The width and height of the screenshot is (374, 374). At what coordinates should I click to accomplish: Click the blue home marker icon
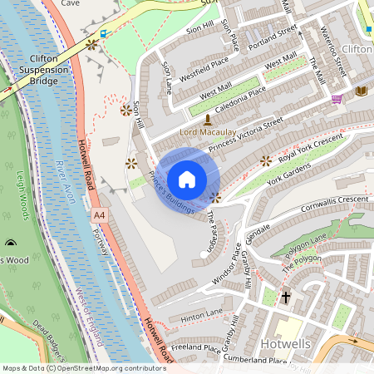click(187, 180)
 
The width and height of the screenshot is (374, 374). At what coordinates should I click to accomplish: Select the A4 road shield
click(100, 215)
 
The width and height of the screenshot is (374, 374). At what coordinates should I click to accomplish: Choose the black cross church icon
click(286, 297)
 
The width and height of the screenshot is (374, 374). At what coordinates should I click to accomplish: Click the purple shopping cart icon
click(337, 99)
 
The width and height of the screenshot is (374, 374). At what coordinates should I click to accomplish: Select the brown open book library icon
click(360, 91)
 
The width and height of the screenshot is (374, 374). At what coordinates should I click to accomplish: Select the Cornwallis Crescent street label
click(324, 199)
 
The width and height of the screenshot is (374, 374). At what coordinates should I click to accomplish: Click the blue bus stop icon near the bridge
click(104, 34)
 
